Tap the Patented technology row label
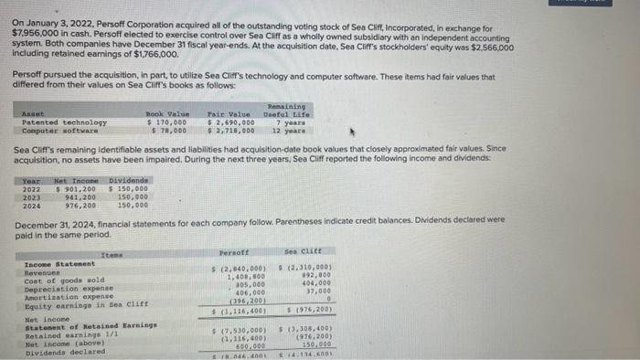coord(64,122)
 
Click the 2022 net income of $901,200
coord(77,188)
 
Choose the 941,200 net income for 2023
coord(80,196)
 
